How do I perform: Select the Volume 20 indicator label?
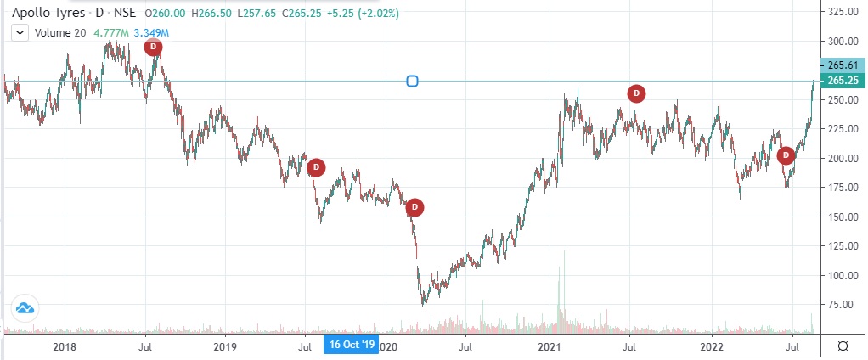pyautogui.click(x=59, y=33)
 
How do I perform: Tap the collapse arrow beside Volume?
pyautogui.click(x=20, y=33)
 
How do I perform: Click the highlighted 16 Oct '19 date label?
pyautogui.click(x=352, y=346)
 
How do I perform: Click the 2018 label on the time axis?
pyautogui.click(x=65, y=346)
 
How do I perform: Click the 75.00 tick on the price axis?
pyautogui.click(x=841, y=304)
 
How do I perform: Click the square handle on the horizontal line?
pyautogui.click(x=412, y=82)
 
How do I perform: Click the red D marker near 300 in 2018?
pyautogui.click(x=153, y=48)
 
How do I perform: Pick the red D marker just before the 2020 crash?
pyautogui.click(x=414, y=206)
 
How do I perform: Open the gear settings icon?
pyautogui.click(x=842, y=346)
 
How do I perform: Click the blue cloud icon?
pyautogui.click(x=24, y=308)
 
